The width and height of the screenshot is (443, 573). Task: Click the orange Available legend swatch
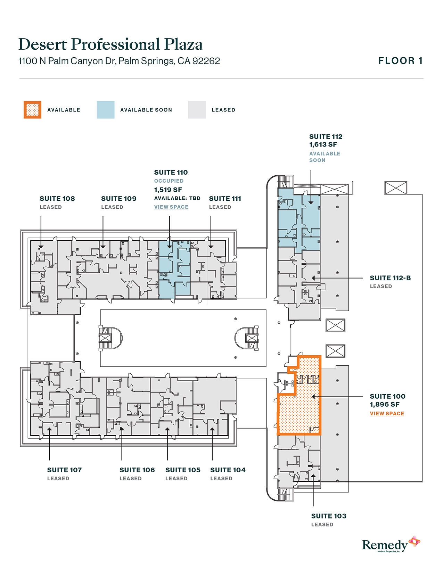(x=32, y=110)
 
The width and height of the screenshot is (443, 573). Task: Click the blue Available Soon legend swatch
(x=106, y=110)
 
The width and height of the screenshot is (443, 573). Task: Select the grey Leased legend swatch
(x=197, y=110)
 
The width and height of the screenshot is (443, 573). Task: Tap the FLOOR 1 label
(x=400, y=61)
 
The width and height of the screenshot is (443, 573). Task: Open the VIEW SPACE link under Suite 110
(x=171, y=207)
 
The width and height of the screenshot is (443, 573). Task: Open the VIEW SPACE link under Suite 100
(x=387, y=414)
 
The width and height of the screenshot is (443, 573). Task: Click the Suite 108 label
(x=57, y=199)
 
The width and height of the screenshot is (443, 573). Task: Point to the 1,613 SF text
(x=323, y=145)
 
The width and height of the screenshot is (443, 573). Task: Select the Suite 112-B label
(x=390, y=278)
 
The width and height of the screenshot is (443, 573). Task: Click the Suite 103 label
(x=329, y=516)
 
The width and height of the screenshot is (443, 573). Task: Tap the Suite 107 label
(x=64, y=470)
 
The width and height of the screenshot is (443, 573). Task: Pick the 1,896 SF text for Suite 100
(x=385, y=405)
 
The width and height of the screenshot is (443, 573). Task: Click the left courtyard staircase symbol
(x=106, y=338)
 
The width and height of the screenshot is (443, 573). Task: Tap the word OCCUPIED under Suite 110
(x=169, y=181)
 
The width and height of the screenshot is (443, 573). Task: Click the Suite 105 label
(x=183, y=470)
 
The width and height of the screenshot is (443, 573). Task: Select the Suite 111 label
(x=225, y=199)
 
